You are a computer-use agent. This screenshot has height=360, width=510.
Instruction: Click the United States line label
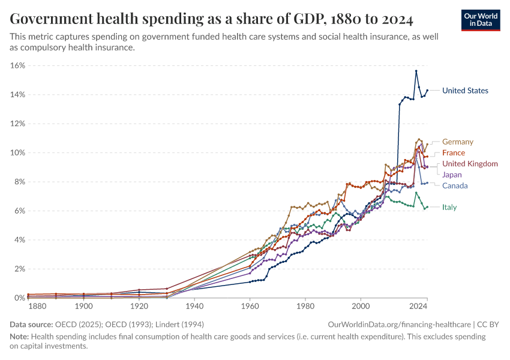[465, 91]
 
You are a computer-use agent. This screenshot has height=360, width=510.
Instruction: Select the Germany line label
[457, 142]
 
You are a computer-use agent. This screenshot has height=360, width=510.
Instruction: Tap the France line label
[453, 153]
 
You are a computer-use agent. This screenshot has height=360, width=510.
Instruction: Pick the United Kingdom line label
[470, 164]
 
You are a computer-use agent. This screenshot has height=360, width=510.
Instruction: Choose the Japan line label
[452, 175]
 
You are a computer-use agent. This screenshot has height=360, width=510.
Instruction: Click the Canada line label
[455, 185]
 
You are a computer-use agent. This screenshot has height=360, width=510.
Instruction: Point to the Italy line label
[449, 208]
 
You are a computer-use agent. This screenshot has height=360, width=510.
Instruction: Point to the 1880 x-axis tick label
[37, 307]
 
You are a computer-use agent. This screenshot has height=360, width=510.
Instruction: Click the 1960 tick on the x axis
[250, 307]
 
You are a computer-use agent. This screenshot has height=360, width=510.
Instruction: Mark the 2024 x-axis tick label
[418, 307]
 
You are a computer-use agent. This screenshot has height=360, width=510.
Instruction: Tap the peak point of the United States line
[416, 71]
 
